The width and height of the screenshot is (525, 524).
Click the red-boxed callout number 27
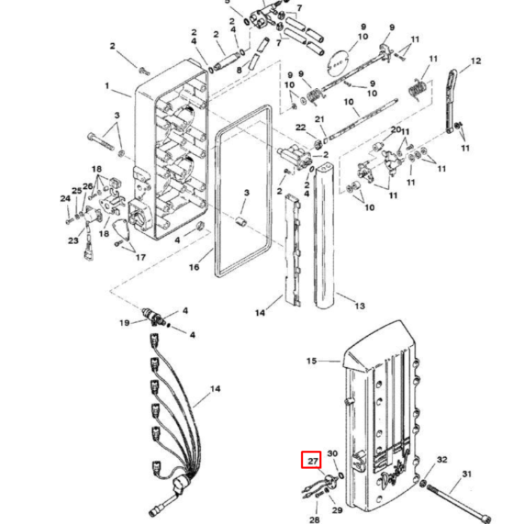click(311, 461)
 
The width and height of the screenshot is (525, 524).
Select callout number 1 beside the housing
click(107, 86)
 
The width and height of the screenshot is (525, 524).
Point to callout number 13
click(359, 305)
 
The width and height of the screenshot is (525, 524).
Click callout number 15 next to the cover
click(311, 361)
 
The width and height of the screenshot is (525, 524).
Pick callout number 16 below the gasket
click(194, 268)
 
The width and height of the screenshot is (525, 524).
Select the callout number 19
click(123, 323)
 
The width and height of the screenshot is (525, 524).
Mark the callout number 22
click(300, 127)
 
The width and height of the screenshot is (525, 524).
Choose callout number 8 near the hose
click(239, 71)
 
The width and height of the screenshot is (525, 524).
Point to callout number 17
click(140, 257)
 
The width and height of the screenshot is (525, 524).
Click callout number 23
click(73, 241)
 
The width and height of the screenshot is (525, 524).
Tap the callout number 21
click(320, 120)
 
